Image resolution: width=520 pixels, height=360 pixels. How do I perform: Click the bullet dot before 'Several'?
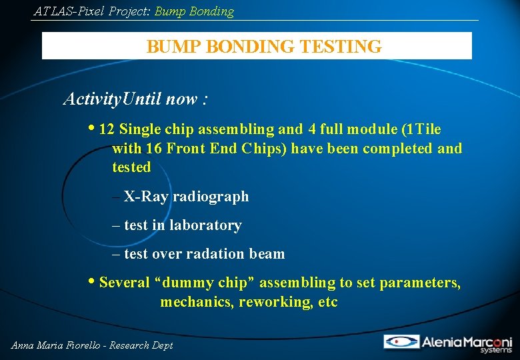92,282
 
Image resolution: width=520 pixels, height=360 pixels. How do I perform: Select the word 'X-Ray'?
146,197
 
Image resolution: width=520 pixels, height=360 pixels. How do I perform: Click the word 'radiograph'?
211,197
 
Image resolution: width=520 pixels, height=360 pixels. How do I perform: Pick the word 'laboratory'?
205,225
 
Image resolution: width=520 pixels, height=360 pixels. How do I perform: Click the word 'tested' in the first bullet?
131,167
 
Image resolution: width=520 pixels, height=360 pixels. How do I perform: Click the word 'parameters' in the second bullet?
419,283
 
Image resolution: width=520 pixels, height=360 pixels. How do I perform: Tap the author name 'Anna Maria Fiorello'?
55,345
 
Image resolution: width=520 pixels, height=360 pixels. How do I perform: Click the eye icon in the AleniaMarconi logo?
401,342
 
